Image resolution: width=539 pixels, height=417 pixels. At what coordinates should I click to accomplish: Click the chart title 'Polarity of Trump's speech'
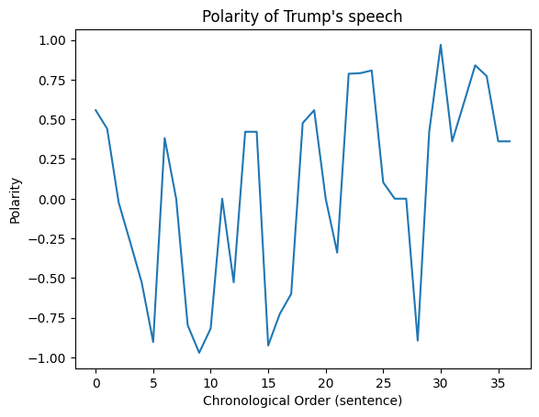point(302,16)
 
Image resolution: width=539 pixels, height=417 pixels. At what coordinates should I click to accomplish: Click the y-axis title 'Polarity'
point(15,201)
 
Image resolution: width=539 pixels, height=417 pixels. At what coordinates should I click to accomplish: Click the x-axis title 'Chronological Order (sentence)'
point(302,401)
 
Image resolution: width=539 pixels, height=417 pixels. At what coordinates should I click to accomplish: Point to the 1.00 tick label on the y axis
point(52,40)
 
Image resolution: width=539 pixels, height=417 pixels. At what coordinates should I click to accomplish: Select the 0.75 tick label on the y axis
point(52,81)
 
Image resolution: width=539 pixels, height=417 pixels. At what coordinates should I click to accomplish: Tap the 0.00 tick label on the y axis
point(52,200)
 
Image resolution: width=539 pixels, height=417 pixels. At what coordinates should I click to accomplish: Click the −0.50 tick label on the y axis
point(47,279)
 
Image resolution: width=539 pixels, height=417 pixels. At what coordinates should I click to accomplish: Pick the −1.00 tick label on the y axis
point(47,358)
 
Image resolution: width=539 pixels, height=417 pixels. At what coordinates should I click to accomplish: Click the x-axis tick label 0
point(95,383)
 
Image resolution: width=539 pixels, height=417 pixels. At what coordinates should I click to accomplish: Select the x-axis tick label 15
point(268,383)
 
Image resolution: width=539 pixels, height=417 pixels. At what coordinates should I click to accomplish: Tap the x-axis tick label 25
point(383,383)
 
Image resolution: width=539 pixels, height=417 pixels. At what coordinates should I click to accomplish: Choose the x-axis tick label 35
point(498,383)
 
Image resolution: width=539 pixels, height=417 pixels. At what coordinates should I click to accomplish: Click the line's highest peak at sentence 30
point(441,45)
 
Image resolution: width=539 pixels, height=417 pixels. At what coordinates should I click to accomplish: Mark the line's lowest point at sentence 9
point(199,353)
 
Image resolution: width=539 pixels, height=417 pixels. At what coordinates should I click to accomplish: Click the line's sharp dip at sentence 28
point(418,340)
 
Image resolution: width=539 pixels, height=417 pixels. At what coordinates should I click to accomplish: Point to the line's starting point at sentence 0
point(95,110)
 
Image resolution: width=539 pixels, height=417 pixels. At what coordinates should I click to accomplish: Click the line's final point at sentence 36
point(510,141)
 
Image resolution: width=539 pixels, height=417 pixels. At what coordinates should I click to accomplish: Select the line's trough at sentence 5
point(153,342)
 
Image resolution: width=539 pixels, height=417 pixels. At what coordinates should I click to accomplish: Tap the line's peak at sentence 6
point(164,138)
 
